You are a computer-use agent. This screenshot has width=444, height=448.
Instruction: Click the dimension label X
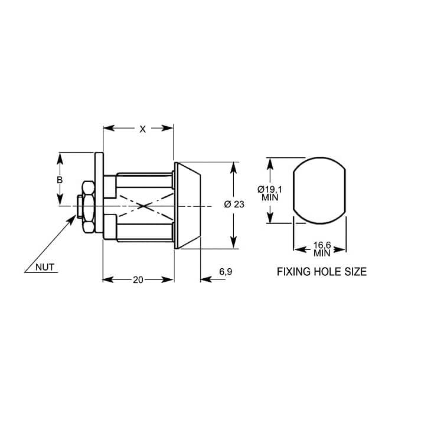point(142,129)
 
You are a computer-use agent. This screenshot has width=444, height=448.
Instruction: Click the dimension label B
point(60,180)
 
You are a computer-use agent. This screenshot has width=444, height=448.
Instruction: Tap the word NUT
point(45,267)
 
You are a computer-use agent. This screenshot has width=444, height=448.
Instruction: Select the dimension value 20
point(138,280)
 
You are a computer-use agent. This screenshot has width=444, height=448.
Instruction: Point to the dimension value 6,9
point(226,272)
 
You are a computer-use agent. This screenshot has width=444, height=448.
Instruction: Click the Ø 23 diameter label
point(234,205)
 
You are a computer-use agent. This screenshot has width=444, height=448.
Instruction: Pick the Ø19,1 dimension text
point(270,189)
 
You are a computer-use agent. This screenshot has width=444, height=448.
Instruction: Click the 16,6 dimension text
point(322,245)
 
